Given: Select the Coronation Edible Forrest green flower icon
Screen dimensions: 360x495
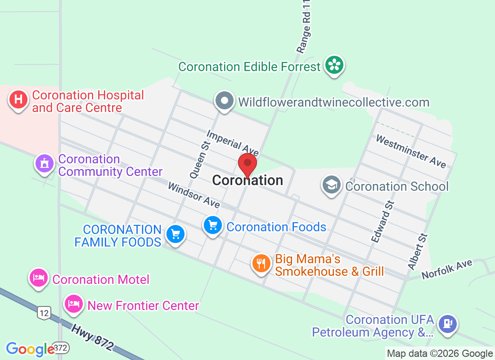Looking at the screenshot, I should (334, 66).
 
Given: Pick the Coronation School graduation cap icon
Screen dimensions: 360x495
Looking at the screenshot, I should (332, 185).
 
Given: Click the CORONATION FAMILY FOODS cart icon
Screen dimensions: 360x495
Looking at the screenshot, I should (175, 234).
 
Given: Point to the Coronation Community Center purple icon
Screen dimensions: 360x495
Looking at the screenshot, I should (45, 163).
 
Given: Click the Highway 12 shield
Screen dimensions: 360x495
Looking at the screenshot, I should (43, 313).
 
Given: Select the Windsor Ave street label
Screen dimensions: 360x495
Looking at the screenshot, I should (193, 195).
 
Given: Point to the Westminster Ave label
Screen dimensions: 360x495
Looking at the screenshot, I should (411, 152).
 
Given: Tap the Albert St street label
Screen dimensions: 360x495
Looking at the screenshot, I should (417, 252).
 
